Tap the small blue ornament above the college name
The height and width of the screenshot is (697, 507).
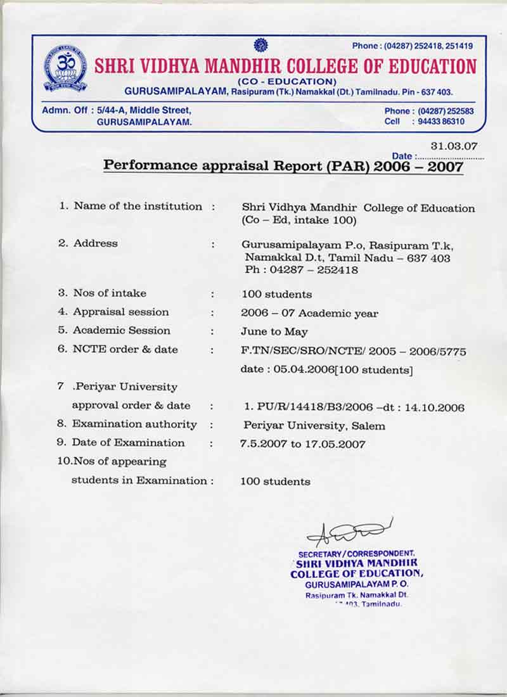click(260, 45)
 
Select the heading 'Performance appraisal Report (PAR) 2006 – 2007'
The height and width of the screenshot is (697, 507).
click(283, 166)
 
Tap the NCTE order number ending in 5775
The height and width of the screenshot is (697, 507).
click(354, 351)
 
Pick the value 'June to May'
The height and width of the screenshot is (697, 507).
click(274, 331)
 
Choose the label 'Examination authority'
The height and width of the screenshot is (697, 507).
click(134, 424)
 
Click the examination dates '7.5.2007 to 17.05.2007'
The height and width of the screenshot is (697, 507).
click(302, 444)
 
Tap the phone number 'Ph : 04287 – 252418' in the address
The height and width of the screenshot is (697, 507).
click(301, 270)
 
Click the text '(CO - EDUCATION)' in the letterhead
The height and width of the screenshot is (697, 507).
click(287, 82)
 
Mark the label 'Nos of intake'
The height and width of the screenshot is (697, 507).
click(110, 293)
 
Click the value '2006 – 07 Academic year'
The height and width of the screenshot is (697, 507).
click(309, 313)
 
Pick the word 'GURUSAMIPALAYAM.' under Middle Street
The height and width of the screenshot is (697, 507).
click(144, 122)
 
